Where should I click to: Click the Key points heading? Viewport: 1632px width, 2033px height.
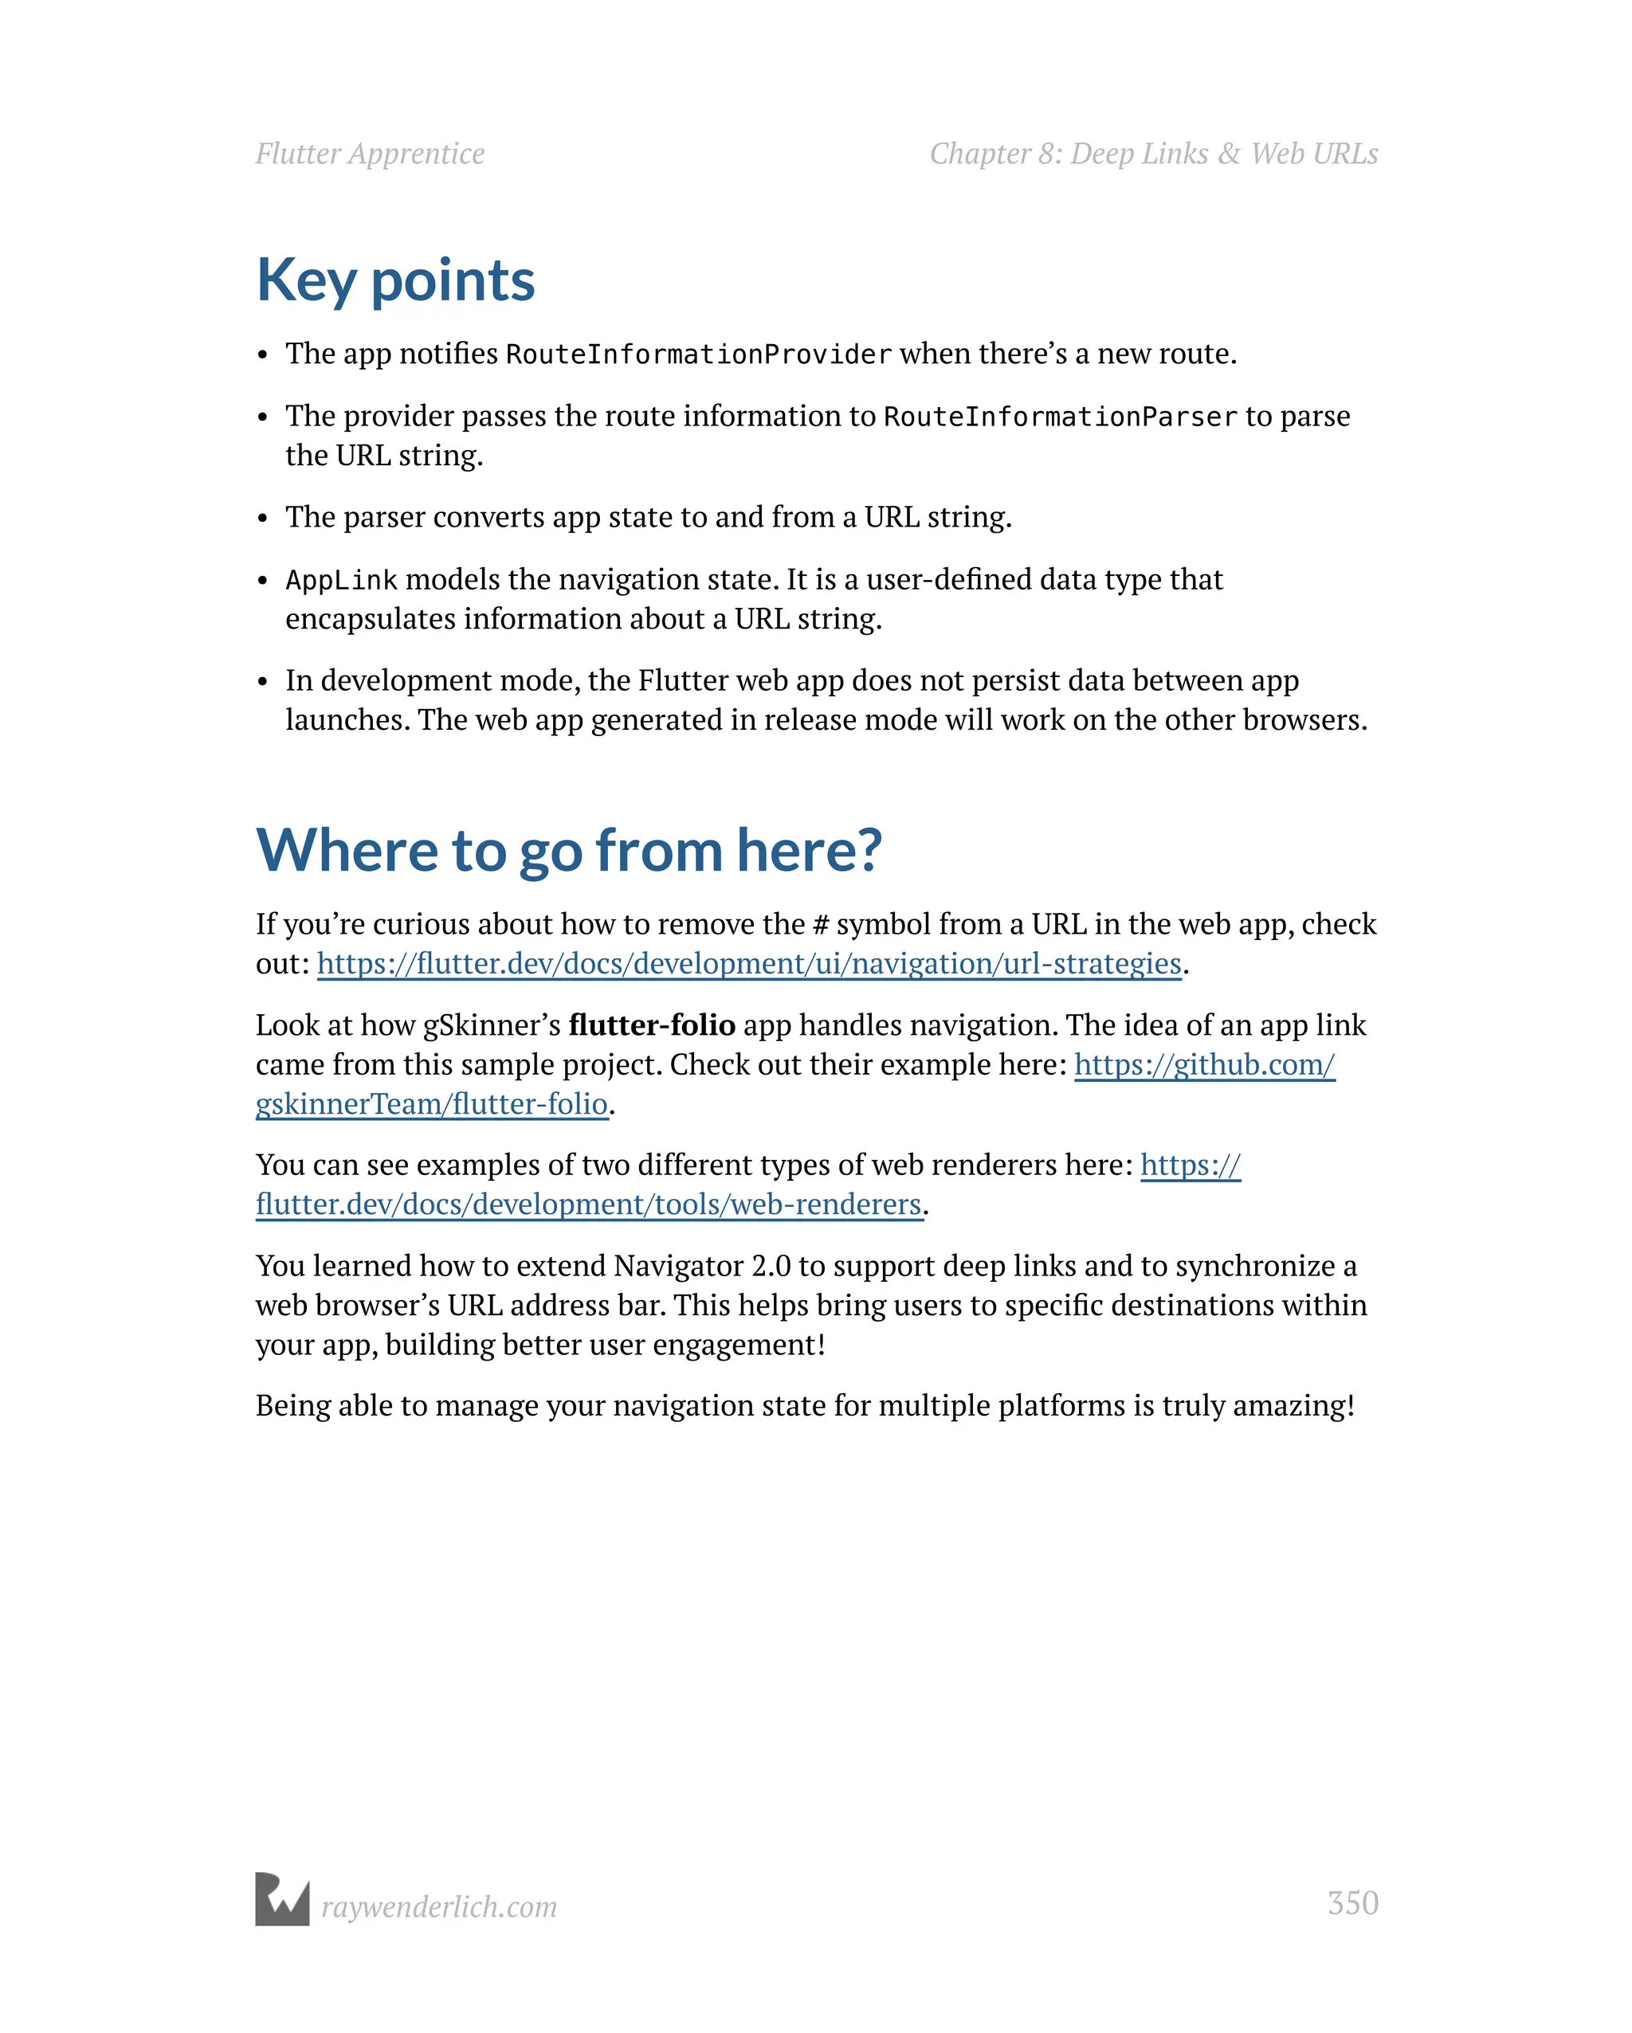click(395, 280)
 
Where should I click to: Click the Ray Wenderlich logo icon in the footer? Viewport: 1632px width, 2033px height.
click(282, 1899)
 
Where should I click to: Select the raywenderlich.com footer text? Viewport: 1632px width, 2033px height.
click(438, 1906)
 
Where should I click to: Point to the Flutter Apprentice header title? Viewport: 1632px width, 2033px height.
click(370, 154)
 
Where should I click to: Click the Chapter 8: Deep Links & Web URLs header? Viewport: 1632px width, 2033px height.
click(1153, 154)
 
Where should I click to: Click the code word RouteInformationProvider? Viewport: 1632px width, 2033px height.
click(698, 355)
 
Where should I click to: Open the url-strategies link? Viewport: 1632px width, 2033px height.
click(748, 963)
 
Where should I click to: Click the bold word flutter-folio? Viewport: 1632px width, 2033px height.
click(652, 1025)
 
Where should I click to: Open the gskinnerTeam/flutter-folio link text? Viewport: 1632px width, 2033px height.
click(431, 1103)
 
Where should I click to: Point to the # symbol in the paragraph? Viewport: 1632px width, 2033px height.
click(820, 924)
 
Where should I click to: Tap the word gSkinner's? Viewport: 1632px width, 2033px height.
click(491, 1025)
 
